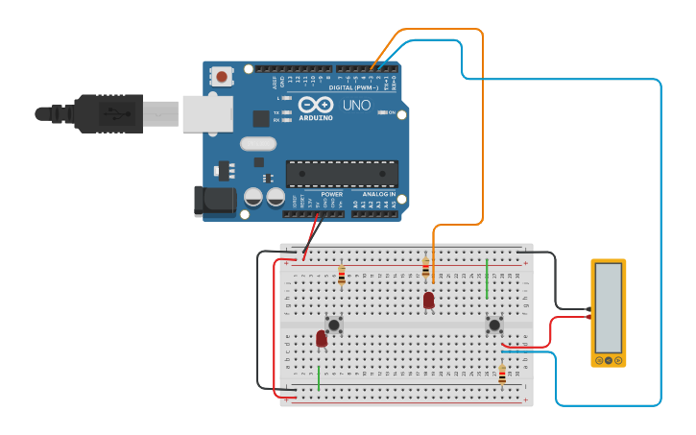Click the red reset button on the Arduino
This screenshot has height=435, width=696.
(223, 76)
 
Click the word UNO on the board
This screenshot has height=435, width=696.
(356, 106)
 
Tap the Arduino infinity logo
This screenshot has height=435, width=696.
(315, 105)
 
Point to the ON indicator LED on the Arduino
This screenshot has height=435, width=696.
(381, 112)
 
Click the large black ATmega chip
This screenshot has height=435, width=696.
(342, 174)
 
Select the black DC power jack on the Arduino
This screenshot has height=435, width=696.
(214, 199)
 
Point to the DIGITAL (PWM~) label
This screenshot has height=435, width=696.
(354, 87)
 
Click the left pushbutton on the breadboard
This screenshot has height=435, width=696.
(334, 324)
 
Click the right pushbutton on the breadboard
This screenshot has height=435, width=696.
(494, 325)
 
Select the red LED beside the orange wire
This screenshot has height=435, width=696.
(428, 301)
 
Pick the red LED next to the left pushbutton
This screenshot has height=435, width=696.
(322, 338)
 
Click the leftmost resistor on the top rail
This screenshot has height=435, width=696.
(342, 277)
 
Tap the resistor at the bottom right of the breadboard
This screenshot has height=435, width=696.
(502, 375)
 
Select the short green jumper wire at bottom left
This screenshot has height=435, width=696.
(319, 377)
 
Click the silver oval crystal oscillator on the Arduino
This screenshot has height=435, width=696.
(258, 144)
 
